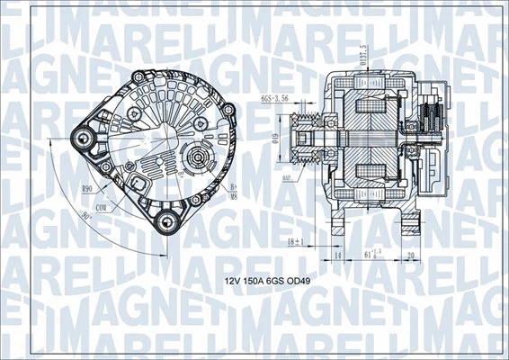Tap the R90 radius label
88,189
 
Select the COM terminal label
103,208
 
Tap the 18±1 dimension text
294,242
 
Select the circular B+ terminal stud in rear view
194,160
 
